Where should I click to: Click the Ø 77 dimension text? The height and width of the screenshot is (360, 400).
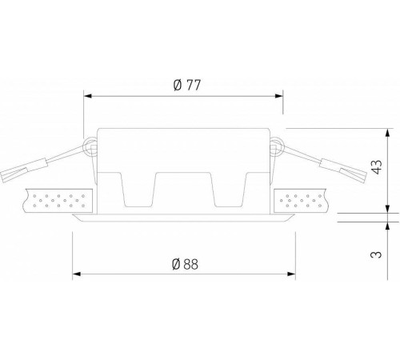(186, 86)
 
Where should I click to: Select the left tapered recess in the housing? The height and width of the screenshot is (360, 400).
(139, 192)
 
